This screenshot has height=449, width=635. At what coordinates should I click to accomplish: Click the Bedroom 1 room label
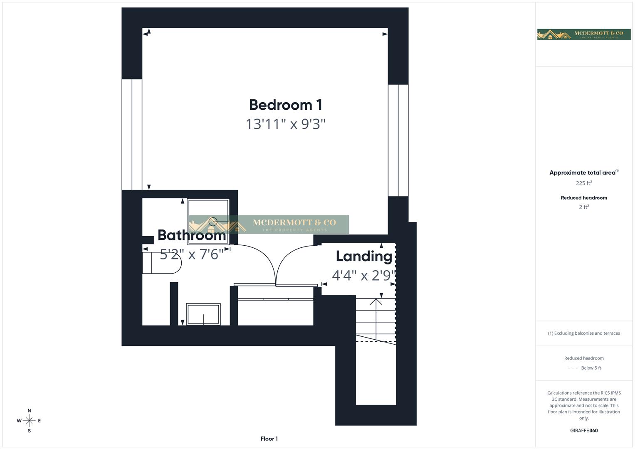click(285, 105)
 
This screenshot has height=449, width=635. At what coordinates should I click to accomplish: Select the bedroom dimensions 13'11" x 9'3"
click(285, 124)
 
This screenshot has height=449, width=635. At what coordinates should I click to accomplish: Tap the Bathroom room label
click(191, 235)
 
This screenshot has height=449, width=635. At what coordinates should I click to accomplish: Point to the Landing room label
click(364, 256)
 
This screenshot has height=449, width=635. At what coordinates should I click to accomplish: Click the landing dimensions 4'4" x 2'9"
click(363, 275)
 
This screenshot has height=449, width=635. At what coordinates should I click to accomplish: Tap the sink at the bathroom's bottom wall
click(203, 314)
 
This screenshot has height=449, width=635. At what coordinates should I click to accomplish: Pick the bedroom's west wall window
click(132, 134)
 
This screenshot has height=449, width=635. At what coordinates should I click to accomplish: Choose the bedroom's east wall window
click(398, 140)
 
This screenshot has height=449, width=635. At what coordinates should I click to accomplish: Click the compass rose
click(29, 421)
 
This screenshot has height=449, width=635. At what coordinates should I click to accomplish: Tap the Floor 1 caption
click(269, 439)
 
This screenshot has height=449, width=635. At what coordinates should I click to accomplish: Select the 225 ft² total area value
click(583, 183)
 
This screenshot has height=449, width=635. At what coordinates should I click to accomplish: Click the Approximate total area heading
click(583, 173)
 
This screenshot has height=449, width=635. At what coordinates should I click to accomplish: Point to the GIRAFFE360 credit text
click(583, 430)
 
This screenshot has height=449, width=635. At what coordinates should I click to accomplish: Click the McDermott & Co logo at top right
click(583, 35)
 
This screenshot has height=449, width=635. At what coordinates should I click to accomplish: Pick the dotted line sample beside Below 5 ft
click(572, 368)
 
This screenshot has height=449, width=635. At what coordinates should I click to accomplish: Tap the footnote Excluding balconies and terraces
click(583, 333)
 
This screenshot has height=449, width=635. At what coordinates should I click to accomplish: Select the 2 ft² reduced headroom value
click(583, 207)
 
